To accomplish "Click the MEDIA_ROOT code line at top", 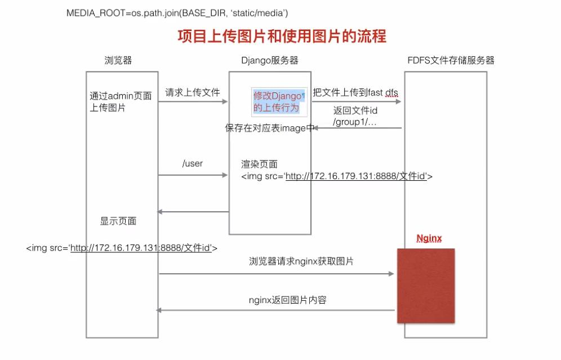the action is tap(180, 12).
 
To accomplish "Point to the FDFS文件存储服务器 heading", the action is tap(451, 60).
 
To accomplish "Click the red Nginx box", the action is tap(426, 285).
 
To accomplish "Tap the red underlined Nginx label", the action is tap(429, 238).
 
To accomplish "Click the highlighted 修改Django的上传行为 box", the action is tap(278, 101).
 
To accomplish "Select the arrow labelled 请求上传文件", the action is tap(193, 102).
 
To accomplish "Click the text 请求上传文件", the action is tap(192, 92).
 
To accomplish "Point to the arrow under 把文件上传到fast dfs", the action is tap(357, 102).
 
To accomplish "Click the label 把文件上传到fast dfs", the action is tap(355, 92).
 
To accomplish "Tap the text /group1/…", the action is tap(355, 122).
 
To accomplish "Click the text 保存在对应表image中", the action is tap(270, 128).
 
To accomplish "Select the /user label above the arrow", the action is tap(192, 164).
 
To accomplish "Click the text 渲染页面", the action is tap(260, 164).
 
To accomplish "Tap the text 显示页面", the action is tap(118, 221).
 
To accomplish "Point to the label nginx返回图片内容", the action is tap(287, 300).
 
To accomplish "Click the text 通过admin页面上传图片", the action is tap(120, 102).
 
